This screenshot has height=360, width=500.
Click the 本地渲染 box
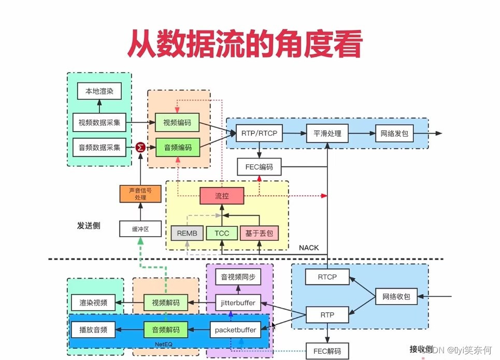[99, 92]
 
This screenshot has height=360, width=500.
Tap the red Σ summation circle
[140, 147]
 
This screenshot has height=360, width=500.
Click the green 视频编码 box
[177, 123]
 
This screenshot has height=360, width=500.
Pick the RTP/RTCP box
[259, 133]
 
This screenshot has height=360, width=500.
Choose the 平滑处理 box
[327, 133]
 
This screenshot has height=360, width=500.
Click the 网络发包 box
[394, 133]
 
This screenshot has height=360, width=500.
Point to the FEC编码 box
[259, 167]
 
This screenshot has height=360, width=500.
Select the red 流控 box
[222, 196]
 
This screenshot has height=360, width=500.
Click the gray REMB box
[187, 233]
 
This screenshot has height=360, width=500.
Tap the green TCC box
[222, 233]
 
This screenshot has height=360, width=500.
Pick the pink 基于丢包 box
[259, 233]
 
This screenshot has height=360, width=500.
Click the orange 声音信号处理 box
[140, 194]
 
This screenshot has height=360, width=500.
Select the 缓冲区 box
[140, 228]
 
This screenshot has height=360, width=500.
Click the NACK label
[309, 248]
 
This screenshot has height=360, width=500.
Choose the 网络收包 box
[396, 297]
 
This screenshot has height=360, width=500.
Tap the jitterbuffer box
[238, 303]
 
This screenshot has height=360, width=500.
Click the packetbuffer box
[239, 329]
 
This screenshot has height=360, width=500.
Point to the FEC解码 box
[327, 351]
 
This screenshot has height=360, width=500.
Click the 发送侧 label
[89, 225]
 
